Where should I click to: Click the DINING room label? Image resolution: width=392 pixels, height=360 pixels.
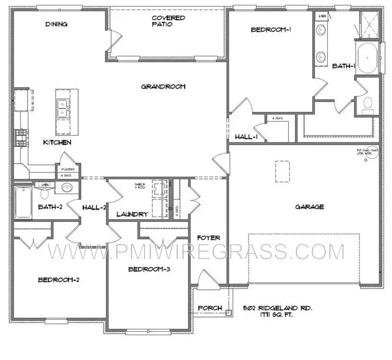(56, 24)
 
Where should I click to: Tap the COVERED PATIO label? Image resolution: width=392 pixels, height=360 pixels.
(168, 21)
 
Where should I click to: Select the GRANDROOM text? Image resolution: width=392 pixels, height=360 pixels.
(163, 87)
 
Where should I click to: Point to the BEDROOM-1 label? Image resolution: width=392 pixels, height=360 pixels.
(271, 29)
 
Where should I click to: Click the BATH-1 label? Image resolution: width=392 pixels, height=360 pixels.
(343, 66)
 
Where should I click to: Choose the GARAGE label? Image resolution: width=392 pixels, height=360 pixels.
(309, 206)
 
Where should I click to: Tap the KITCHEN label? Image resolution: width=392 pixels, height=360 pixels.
(57, 142)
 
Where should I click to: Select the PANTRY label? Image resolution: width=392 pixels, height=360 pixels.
(68, 170)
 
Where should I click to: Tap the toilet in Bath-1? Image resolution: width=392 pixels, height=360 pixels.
(368, 103)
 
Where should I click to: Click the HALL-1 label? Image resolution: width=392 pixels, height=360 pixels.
(246, 137)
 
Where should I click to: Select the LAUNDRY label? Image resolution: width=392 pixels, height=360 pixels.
(132, 214)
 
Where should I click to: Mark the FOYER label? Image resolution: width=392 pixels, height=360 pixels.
(208, 238)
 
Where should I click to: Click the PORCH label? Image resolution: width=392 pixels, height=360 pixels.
(209, 308)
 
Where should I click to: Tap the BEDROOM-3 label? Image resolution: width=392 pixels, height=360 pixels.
(149, 269)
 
